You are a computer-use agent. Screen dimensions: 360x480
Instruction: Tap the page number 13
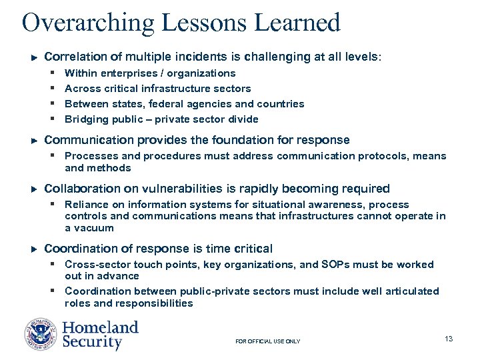(x=448, y=339)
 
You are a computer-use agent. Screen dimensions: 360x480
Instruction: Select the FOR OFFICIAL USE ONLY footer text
(x=268, y=341)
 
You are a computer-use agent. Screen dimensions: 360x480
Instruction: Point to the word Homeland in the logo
(x=100, y=327)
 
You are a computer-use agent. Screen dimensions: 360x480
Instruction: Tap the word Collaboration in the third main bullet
(x=82, y=189)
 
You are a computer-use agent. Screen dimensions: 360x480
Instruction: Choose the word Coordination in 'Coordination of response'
(x=81, y=249)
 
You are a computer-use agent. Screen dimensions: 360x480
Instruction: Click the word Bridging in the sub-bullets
(x=85, y=119)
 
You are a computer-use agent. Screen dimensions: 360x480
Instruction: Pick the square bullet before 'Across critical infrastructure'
(x=52, y=88)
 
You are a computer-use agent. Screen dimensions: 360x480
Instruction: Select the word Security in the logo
(x=92, y=343)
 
